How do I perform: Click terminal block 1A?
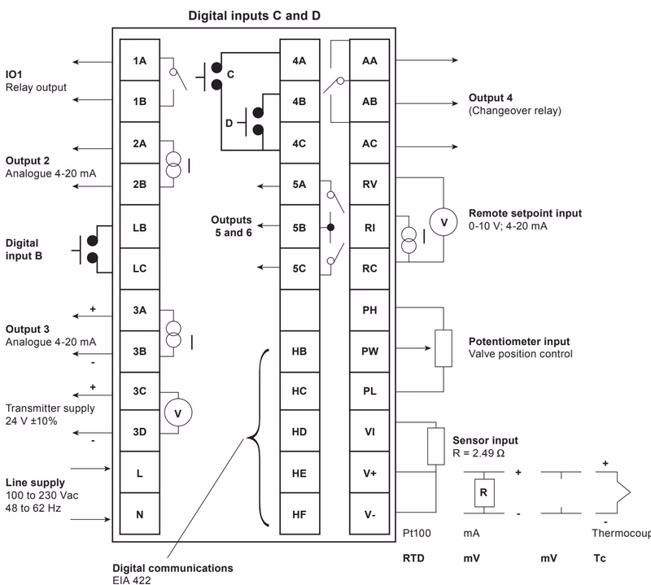(x=139, y=60)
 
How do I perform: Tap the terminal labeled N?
(x=139, y=514)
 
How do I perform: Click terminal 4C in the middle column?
(x=299, y=143)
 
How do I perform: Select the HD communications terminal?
(x=299, y=431)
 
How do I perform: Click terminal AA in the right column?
(x=369, y=60)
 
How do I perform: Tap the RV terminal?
(x=369, y=185)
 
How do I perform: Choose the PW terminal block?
(x=369, y=351)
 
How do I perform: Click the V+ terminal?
(x=369, y=473)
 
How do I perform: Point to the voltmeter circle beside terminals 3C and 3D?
(x=179, y=413)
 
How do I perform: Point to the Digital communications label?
(x=173, y=567)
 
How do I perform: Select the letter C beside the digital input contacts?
(x=230, y=74)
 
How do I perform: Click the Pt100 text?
(x=416, y=535)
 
